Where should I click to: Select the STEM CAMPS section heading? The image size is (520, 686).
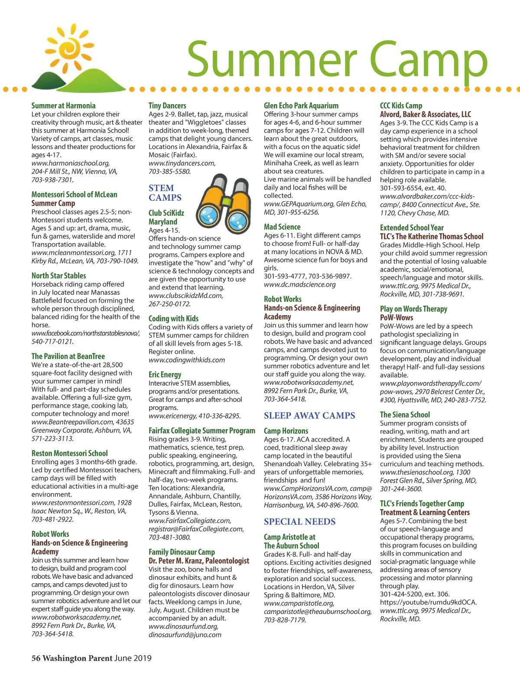point(165,193)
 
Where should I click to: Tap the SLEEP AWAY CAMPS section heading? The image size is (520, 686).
point(309,415)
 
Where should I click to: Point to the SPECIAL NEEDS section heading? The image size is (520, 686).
point(299,522)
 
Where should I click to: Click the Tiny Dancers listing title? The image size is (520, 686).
point(167,105)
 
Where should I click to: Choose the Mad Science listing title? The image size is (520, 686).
point(282,227)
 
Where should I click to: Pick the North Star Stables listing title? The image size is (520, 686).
point(58,276)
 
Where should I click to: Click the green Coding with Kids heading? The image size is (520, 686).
point(173,318)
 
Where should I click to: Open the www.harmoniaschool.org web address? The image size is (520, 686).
point(70,163)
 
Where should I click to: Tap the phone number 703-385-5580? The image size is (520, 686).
point(169,171)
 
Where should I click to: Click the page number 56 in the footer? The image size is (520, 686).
point(36,658)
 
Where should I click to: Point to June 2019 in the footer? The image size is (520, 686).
point(133,658)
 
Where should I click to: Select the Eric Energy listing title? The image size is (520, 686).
point(165,375)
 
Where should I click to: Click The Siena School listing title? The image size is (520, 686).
point(405,415)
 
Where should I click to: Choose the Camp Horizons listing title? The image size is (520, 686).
point(286,431)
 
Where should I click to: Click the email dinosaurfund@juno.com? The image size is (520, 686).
point(185,635)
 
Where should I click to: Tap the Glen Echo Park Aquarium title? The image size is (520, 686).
point(301,105)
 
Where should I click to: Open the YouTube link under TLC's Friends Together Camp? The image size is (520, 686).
point(428,602)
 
